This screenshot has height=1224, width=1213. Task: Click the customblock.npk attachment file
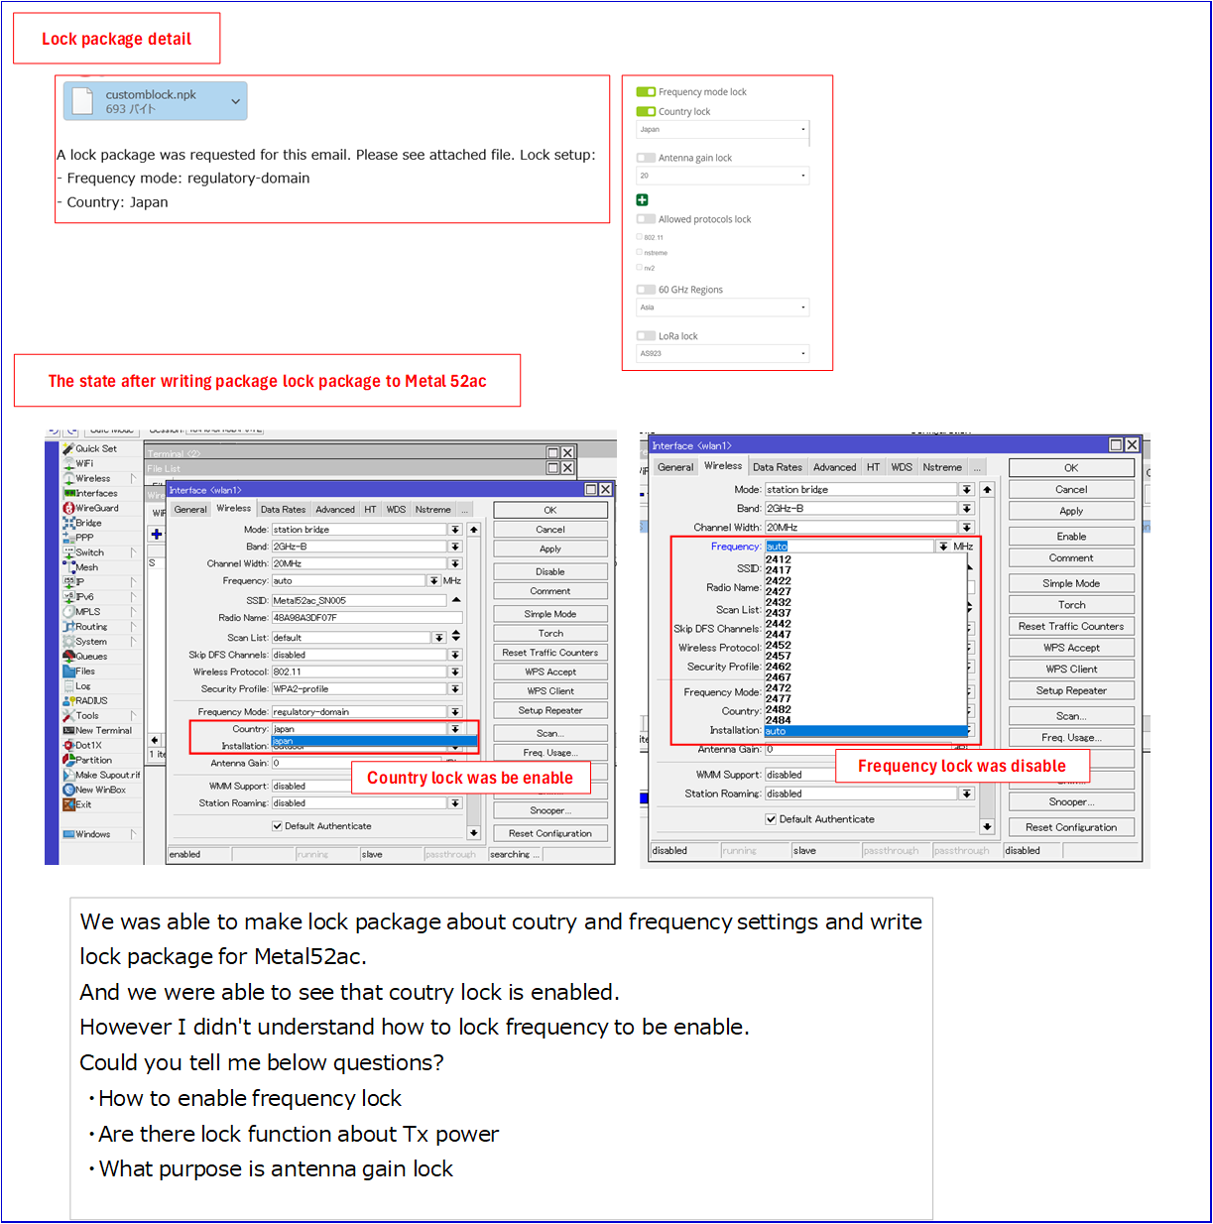pos(155,101)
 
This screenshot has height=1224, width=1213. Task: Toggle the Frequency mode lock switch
pos(646,92)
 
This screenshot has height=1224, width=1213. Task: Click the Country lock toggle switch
pos(646,112)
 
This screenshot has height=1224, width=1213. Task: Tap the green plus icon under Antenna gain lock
pos(642,200)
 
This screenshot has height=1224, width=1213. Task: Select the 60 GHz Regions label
pos(690,290)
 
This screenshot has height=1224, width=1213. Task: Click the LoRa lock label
pos(677,336)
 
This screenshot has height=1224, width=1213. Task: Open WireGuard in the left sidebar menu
pos(96,508)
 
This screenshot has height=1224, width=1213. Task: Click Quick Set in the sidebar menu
pos(95,448)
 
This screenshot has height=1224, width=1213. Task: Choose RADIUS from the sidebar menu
pos(91,700)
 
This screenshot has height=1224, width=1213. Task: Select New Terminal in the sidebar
pos(103,730)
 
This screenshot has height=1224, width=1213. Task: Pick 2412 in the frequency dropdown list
pos(779,559)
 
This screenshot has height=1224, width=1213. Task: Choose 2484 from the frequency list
pos(779,720)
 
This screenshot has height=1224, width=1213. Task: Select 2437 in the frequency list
pos(779,613)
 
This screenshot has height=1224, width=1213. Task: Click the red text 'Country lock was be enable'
pos(470,778)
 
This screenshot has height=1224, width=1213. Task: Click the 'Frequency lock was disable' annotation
pos(961,766)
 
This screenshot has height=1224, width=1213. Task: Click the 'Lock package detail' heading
pos(116,39)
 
